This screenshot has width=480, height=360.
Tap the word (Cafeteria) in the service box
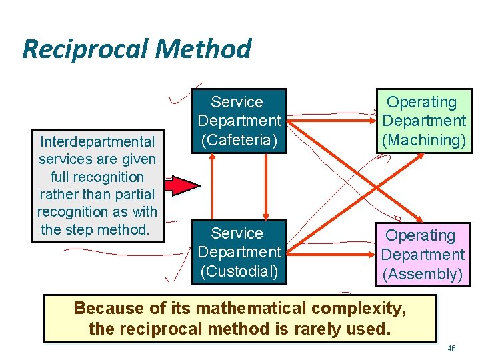pos(239,140)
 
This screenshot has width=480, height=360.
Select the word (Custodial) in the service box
pos(239,271)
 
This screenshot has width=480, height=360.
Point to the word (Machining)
pos(423,140)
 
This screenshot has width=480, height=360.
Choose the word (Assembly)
pos(422,273)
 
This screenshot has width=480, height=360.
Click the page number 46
pos(451,349)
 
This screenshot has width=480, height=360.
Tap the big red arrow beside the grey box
pos(181,185)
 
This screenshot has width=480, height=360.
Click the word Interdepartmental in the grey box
pos(97,141)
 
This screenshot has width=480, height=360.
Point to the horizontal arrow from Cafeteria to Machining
pos(331,118)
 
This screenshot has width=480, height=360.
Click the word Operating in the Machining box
pos(422,102)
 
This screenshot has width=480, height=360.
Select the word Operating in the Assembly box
pos(421,235)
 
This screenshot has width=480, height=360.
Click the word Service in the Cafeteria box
pos(237,102)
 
